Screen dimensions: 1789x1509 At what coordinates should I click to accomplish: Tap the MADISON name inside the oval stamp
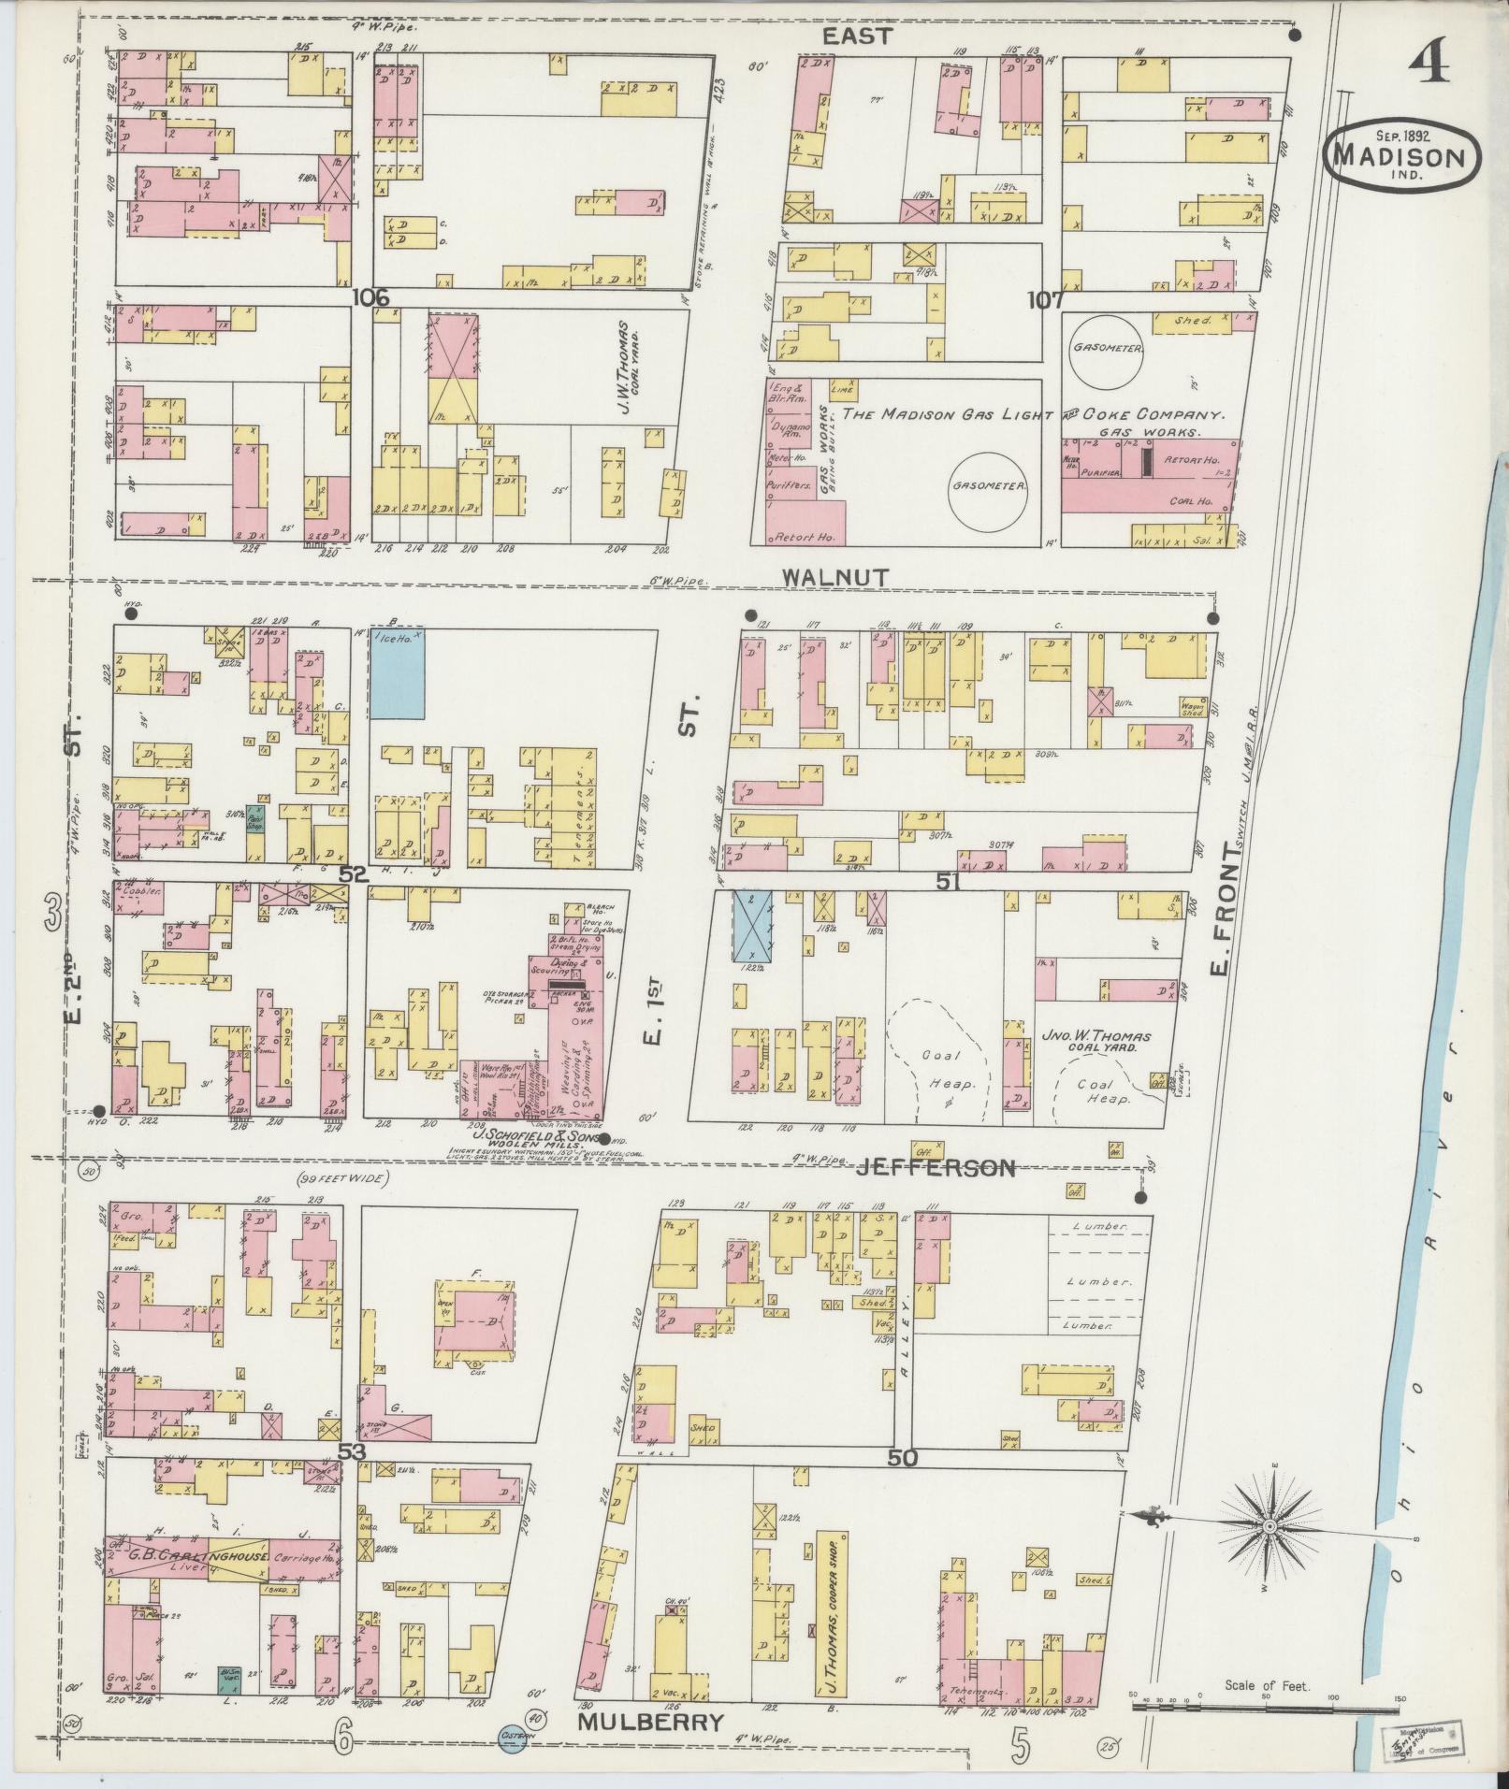(x=1400, y=155)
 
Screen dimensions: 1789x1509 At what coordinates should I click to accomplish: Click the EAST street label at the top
(x=858, y=36)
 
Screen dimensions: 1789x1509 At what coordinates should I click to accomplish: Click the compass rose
(x=1270, y=1527)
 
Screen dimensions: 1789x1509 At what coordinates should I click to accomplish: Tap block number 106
(x=370, y=297)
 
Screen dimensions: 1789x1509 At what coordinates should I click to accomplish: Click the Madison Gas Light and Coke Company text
(x=1033, y=415)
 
